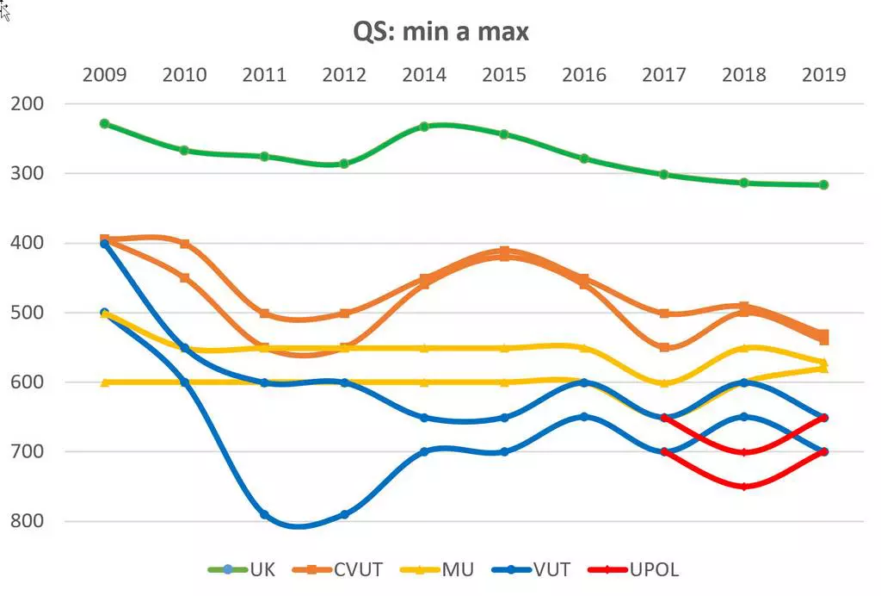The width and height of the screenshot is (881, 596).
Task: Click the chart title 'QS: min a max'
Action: click(440, 32)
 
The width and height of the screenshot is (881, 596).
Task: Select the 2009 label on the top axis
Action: click(104, 75)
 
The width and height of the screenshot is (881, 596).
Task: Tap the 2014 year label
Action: click(424, 75)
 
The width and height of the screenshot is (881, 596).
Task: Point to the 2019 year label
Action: click(823, 75)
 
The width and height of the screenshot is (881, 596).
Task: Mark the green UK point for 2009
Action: click(104, 123)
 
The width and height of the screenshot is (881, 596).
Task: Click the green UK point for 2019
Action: click(823, 184)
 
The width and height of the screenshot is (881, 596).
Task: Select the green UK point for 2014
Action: click(424, 127)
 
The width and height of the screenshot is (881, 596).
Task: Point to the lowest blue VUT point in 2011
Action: click(264, 514)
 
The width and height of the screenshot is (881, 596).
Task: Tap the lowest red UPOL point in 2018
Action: click(744, 487)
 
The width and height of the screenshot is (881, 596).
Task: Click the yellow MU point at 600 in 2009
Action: click(104, 382)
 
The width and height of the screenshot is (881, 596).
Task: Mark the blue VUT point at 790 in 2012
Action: click(344, 514)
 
